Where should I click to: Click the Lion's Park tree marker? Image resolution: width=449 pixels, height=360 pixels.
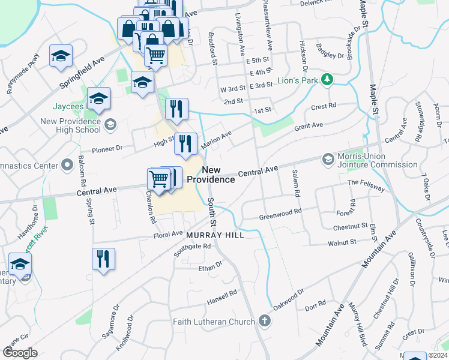pyautogui.click(x=327, y=79)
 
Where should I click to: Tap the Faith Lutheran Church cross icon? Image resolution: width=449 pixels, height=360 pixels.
pyautogui.click(x=265, y=321)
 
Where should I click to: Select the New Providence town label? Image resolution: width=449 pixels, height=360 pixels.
pyautogui.click(x=210, y=175)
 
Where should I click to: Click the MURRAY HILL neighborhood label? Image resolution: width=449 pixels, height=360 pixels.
pyautogui.click(x=215, y=235)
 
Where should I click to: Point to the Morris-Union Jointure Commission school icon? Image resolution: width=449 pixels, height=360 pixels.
pyautogui.click(x=328, y=159)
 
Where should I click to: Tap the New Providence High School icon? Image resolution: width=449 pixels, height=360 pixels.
pyautogui.click(x=110, y=124)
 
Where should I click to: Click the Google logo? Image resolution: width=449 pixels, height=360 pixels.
pyautogui.click(x=20, y=353)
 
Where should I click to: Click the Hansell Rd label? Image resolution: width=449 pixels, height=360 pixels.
pyautogui.click(x=222, y=297)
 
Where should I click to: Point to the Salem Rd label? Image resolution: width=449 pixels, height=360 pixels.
pyautogui.click(x=295, y=183)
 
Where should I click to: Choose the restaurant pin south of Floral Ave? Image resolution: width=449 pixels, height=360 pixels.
pyautogui.click(x=103, y=259)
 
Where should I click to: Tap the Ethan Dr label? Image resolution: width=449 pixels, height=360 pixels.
pyautogui.click(x=211, y=265)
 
